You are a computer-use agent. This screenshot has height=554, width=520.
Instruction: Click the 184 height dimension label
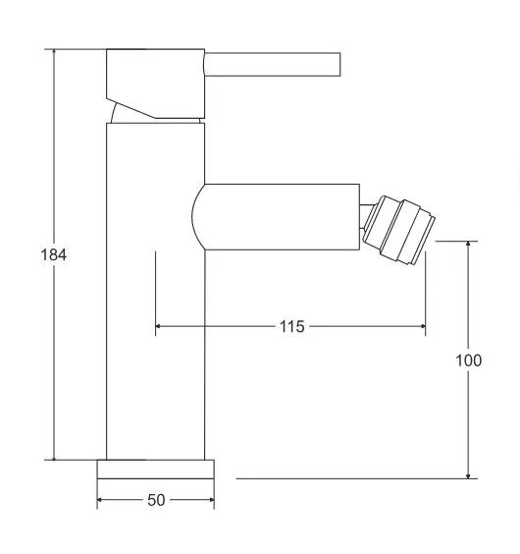tap(54, 254)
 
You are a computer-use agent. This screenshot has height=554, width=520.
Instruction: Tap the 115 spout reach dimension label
tap(292, 326)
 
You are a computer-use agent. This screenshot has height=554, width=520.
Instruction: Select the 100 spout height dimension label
tap(468, 360)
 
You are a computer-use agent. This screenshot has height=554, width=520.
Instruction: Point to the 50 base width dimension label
tap(156, 500)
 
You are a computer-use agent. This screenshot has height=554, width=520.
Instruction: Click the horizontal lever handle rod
tap(273, 64)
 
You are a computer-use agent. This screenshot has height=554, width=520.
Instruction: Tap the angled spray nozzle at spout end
tap(399, 230)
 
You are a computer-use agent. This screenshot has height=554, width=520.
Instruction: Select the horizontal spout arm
tap(276, 217)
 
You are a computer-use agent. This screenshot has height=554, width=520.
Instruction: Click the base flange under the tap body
tap(156, 470)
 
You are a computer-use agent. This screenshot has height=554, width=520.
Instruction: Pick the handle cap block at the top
tap(155, 83)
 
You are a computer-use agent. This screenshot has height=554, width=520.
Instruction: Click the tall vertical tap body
tap(155, 292)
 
